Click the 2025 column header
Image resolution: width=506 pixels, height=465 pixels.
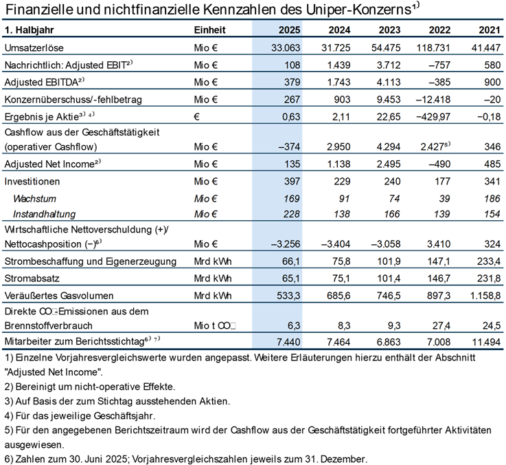[x=290, y=30]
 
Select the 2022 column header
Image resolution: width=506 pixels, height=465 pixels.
[x=439, y=30]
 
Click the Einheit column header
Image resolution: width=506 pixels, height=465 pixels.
[x=210, y=30]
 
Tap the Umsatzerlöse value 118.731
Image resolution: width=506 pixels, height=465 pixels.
[x=433, y=48]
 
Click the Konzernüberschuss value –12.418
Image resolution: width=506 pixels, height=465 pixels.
[x=433, y=99]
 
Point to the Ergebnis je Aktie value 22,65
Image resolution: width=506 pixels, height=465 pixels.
[x=389, y=116]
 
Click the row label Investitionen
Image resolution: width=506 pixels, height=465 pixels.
[x=32, y=182]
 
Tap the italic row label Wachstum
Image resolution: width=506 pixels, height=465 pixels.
[x=34, y=199]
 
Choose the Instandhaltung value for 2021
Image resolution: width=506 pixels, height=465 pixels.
[x=492, y=214]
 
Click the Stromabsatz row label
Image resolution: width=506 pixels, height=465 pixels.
[x=32, y=279]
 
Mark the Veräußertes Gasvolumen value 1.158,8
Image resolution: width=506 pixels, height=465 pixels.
[x=485, y=296]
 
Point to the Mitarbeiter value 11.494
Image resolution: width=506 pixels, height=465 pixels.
[x=486, y=342]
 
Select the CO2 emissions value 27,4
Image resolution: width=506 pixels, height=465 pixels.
[x=441, y=325]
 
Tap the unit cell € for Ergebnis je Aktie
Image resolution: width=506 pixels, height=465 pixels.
[x=197, y=117]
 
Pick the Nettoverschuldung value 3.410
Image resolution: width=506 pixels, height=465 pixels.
[x=439, y=244]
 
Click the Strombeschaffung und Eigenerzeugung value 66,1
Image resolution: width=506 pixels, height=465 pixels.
[x=290, y=261]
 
